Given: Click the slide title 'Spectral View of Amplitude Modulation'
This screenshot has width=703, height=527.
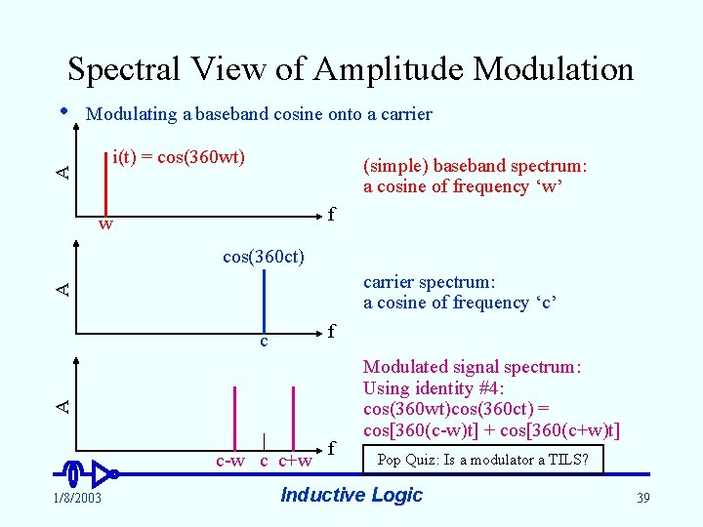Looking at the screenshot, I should (351, 69).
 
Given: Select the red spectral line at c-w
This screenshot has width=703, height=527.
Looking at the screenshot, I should (233, 418).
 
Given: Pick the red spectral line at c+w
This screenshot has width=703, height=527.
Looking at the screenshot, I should (293, 418).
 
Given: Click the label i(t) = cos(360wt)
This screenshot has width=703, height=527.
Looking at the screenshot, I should (179, 157).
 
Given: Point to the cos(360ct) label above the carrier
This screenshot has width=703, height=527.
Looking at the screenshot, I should (264, 257).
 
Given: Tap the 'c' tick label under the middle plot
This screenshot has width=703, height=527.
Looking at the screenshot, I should (264, 342).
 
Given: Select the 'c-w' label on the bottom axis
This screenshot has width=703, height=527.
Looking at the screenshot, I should (229, 460).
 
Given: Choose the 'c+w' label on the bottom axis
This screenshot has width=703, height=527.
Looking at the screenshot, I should (296, 460).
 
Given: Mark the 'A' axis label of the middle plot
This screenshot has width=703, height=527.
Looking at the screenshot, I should (62, 287).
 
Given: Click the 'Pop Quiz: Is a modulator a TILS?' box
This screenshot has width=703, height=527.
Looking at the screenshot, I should (482, 459).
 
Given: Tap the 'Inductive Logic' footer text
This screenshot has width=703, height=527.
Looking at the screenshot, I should (351, 495).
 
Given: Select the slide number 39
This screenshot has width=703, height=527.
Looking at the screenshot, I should (642, 498).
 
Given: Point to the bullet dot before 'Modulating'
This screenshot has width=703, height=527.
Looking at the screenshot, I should (64, 110).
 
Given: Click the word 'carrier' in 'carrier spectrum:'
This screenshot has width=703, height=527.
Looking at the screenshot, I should (389, 282).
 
